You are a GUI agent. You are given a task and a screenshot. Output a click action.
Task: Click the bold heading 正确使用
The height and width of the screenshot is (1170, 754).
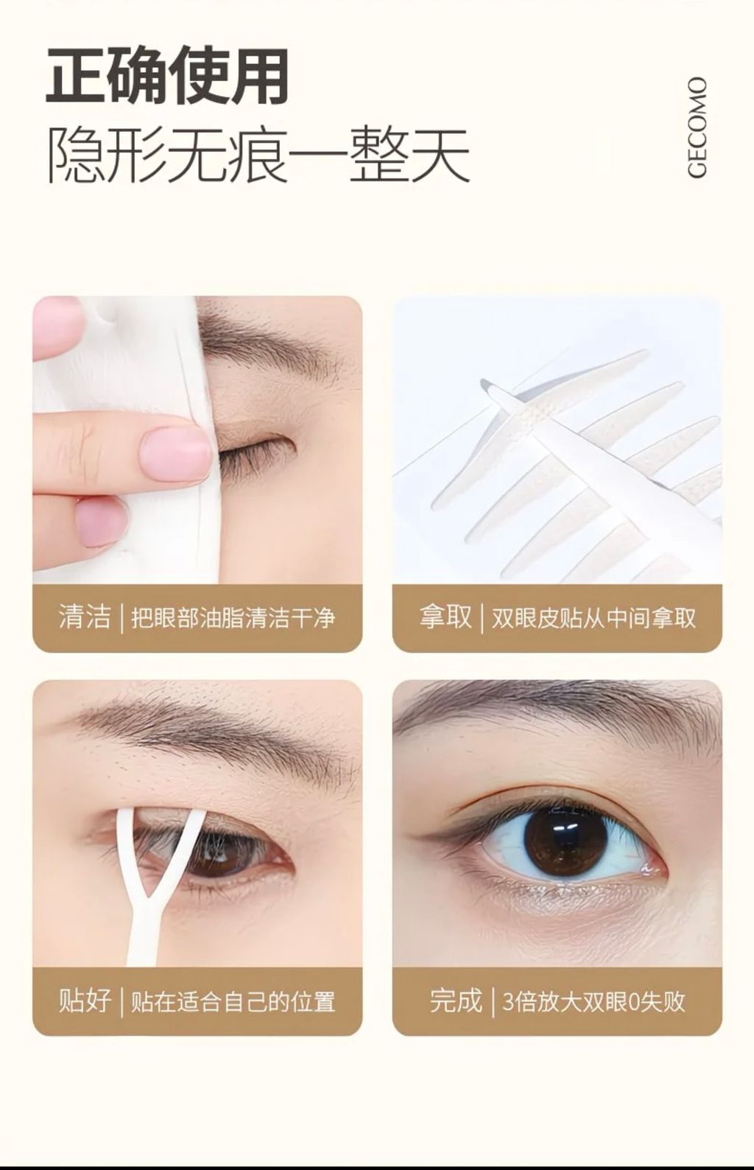[168, 77]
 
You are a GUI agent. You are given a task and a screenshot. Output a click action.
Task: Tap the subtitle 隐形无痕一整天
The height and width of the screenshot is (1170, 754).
[258, 155]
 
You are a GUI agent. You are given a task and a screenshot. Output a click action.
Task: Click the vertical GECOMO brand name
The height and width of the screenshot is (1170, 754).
[697, 127]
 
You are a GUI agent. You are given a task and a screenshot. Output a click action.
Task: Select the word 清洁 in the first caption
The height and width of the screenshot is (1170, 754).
[85, 617]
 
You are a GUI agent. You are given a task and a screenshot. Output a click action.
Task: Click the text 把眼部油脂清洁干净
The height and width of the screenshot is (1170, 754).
[233, 617]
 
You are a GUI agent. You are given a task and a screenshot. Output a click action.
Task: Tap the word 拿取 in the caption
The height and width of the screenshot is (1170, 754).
[445, 617]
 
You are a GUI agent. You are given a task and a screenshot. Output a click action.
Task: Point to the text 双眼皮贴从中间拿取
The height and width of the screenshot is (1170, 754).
[593, 617]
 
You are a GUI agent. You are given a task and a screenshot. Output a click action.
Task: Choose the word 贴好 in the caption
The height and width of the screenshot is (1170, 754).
[85, 1001]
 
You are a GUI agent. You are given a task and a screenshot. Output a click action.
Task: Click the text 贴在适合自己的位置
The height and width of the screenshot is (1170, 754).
[233, 1001]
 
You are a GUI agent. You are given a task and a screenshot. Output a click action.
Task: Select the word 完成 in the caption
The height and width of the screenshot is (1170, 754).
[456, 1001]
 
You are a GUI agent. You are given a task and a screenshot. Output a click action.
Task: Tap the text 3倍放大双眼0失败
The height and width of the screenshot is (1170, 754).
[593, 1001]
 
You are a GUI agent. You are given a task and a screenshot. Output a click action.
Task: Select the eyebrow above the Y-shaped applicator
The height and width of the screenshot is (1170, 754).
[209, 731]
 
